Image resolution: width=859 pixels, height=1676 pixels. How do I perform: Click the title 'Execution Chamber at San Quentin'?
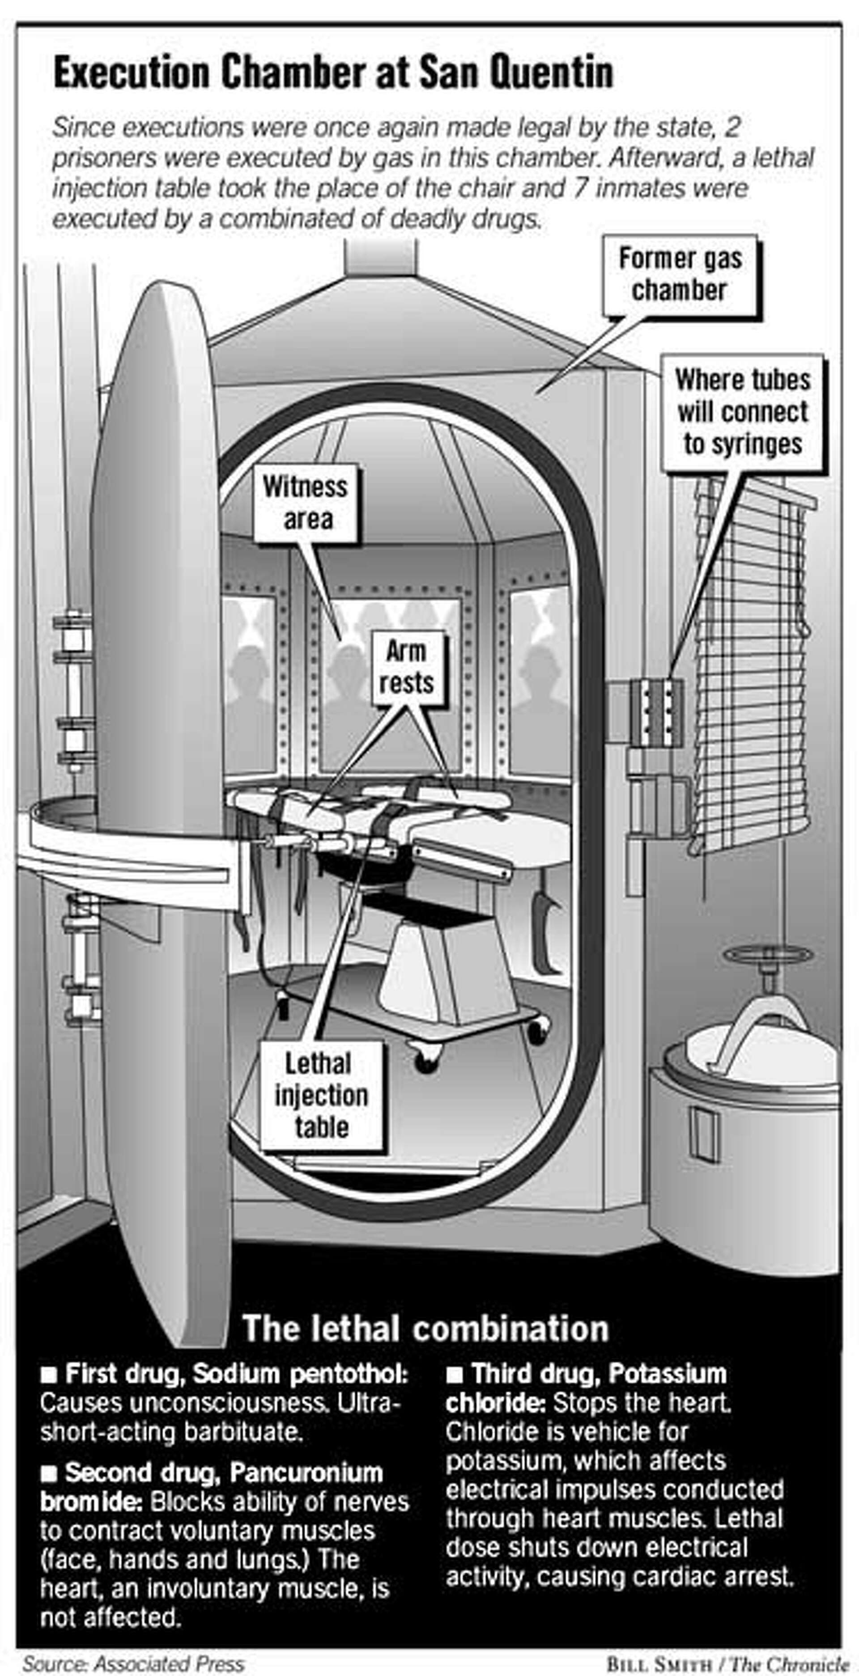point(333,73)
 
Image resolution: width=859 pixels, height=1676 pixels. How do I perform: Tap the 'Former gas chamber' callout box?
point(680,275)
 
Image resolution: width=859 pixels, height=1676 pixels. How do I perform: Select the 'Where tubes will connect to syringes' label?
point(743,412)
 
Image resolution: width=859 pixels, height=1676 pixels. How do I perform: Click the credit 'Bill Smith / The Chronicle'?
point(727,1660)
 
